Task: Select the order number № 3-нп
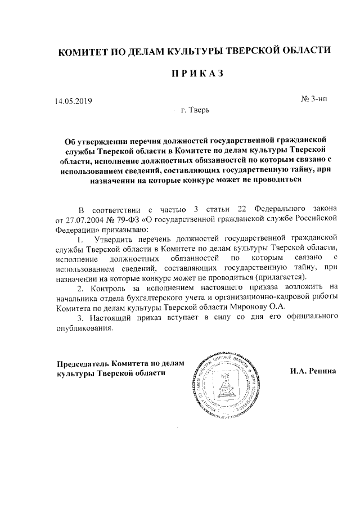point(314,99)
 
